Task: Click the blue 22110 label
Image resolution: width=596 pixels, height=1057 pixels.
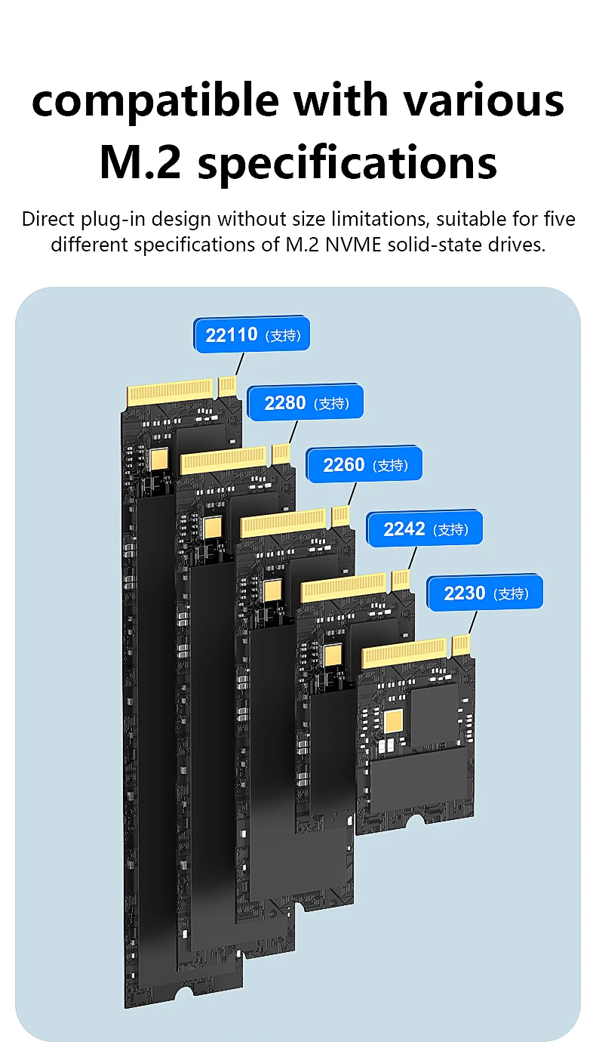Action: point(251,334)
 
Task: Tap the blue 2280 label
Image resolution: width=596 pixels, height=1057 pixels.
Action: point(305,402)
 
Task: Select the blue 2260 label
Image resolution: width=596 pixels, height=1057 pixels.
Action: point(364,464)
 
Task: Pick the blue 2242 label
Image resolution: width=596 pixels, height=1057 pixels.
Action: point(424,528)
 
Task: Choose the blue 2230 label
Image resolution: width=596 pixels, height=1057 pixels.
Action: point(484,593)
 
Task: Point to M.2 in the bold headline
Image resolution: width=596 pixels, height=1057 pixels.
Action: point(140,162)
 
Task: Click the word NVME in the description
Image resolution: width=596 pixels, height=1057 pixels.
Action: point(353,245)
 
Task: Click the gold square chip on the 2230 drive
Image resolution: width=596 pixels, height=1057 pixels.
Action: point(393,720)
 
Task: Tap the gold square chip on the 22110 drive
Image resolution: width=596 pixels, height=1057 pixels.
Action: point(158,459)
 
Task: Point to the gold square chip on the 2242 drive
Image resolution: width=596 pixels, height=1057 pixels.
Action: point(333,655)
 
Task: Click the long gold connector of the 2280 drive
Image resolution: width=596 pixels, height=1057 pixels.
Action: point(223,460)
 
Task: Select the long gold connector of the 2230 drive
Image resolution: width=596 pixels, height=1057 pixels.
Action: point(404,652)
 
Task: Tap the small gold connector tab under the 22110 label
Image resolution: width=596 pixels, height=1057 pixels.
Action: point(227,387)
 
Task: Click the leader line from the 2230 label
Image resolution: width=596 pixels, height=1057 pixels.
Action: point(472,622)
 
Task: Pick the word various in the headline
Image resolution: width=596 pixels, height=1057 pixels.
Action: point(484,100)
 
